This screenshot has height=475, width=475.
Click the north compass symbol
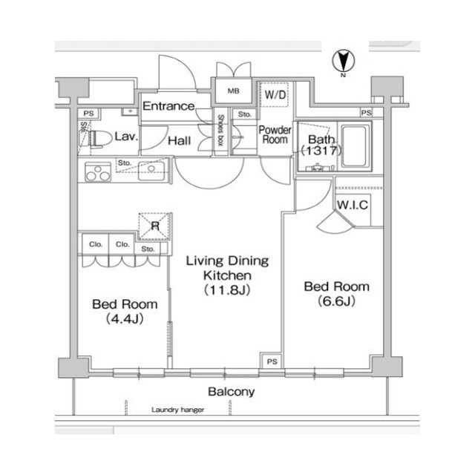click(x=343, y=62)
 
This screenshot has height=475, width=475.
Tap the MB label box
click(x=233, y=91)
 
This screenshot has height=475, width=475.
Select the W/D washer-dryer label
click(x=275, y=95)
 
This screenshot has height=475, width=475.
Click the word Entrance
click(x=168, y=106)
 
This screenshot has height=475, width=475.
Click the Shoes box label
click(x=220, y=131)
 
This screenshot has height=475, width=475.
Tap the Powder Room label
click(x=275, y=135)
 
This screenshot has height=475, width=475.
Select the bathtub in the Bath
click(x=356, y=146)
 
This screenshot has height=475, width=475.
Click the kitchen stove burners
click(x=97, y=173)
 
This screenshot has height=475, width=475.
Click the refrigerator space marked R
click(x=155, y=226)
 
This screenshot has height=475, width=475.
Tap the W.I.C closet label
click(x=353, y=205)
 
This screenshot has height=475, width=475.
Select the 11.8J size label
click(x=227, y=290)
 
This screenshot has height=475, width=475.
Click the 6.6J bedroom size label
click(x=336, y=301)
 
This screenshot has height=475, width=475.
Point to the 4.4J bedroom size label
click(x=125, y=319)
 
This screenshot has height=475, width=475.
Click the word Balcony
click(x=231, y=392)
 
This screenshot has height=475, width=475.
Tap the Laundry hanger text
click(x=178, y=410)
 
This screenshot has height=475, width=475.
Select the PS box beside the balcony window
click(x=272, y=361)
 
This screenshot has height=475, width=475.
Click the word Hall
click(x=180, y=141)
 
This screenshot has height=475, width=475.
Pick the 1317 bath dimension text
click(x=321, y=151)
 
